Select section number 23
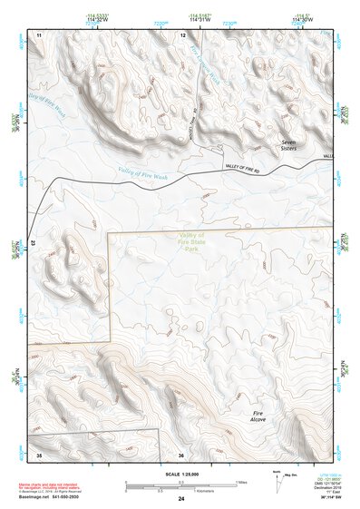pos(33,243)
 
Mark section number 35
pos(37,454)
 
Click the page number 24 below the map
pos(181,499)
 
